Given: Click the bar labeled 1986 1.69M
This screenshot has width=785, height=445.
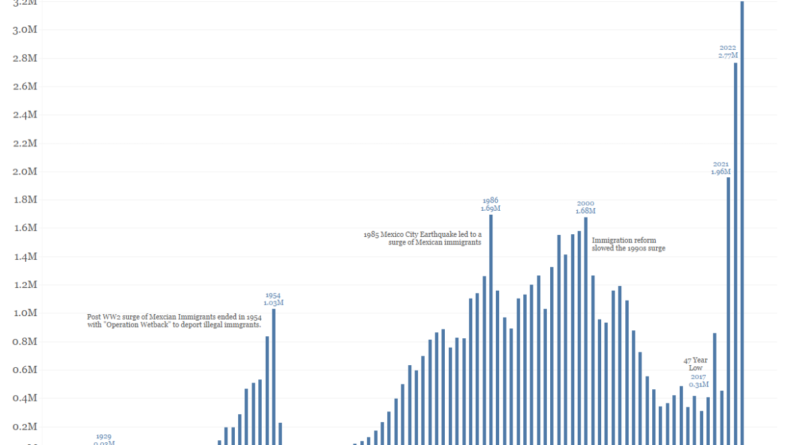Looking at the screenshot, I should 490,329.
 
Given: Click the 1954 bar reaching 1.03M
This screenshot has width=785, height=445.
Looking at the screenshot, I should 274,376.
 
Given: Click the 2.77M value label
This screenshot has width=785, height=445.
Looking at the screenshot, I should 728,55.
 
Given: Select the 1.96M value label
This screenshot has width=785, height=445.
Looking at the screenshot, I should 721,172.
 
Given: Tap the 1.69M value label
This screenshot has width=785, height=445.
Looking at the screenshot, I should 490,208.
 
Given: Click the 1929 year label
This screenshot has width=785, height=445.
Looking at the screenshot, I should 103,436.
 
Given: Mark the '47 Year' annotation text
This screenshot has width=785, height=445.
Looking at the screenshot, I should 695,360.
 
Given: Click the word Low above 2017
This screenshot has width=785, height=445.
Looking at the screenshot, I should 695,368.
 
